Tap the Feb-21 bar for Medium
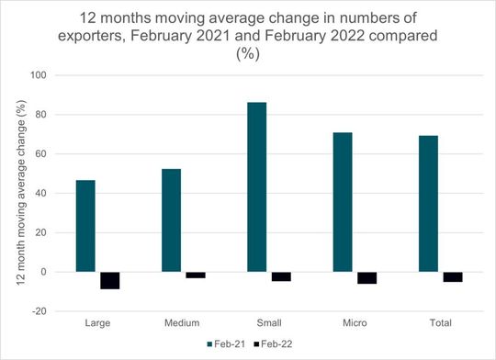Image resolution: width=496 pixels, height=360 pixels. click(x=171, y=220)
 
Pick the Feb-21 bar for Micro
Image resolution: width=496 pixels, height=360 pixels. click(x=343, y=202)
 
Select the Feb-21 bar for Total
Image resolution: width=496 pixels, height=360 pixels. click(x=428, y=204)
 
